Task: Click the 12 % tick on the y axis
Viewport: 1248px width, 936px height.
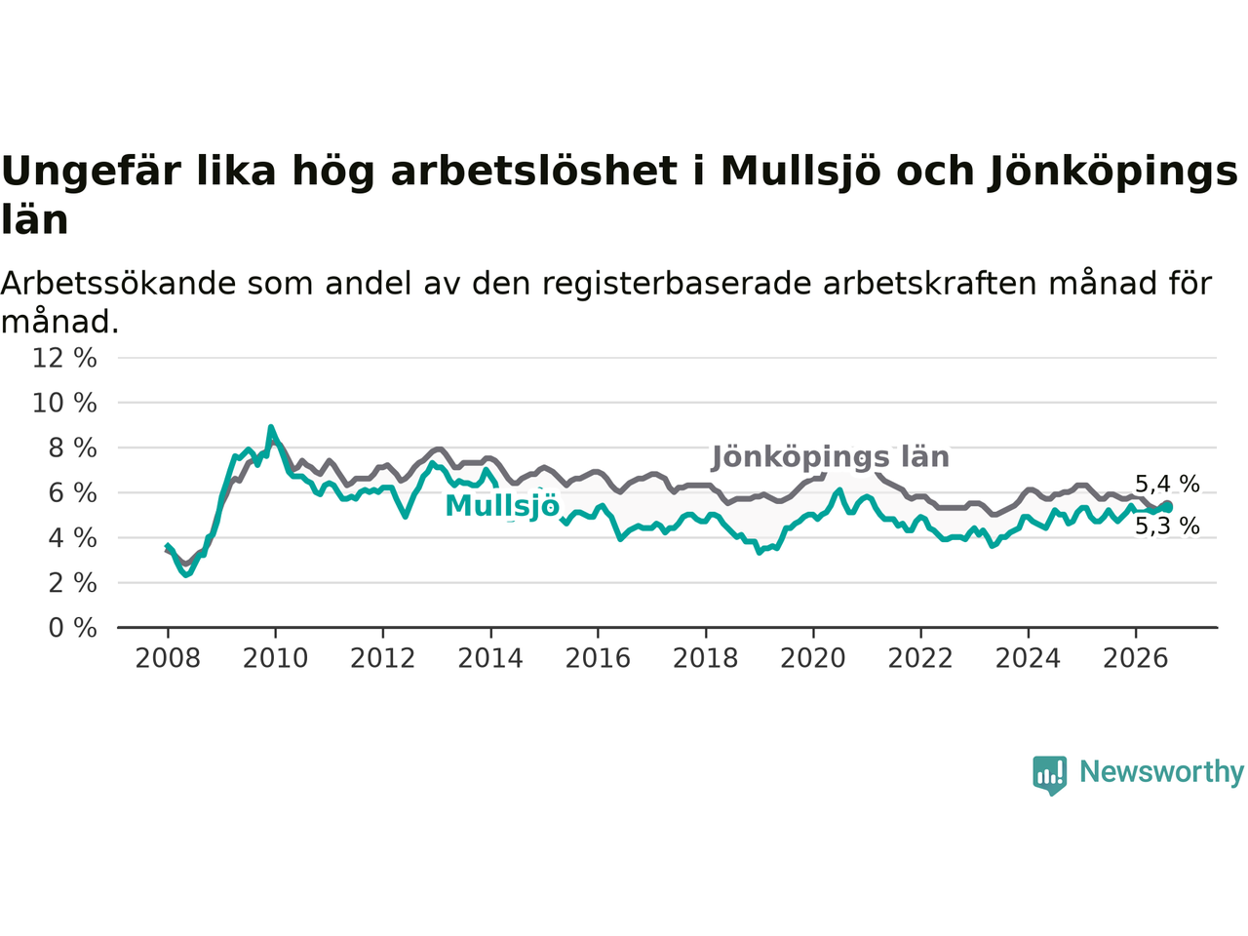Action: coord(64,358)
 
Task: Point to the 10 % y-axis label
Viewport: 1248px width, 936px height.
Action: coord(64,403)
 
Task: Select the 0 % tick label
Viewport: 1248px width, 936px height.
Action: coord(73,628)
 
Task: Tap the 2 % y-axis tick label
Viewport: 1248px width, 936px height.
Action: coord(73,583)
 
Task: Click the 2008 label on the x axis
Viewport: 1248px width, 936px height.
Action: coord(168,659)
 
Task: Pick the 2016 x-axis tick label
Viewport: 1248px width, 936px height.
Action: coord(598,659)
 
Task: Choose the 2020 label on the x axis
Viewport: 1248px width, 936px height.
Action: coord(813,659)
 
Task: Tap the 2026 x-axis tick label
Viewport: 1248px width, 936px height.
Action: coord(1136,659)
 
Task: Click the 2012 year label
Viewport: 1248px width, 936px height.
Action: coord(382,659)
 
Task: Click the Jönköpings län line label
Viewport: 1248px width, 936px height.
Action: coord(831,457)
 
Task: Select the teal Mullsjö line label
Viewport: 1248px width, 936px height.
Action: coord(502,507)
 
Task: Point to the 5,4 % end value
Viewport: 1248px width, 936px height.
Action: coord(1167,485)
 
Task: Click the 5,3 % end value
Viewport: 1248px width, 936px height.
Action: coord(1167,526)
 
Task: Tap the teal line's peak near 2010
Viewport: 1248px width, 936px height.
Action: coord(271,427)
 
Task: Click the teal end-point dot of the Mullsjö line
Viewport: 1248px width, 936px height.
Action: coord(1167,508)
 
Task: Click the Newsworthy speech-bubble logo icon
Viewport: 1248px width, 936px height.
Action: coord(1049,775)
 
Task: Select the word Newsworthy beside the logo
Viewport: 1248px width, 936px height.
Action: coord(1161,772)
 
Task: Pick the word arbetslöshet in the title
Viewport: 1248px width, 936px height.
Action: coord(534,171)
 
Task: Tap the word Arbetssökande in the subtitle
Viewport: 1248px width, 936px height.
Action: coord(118,284)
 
